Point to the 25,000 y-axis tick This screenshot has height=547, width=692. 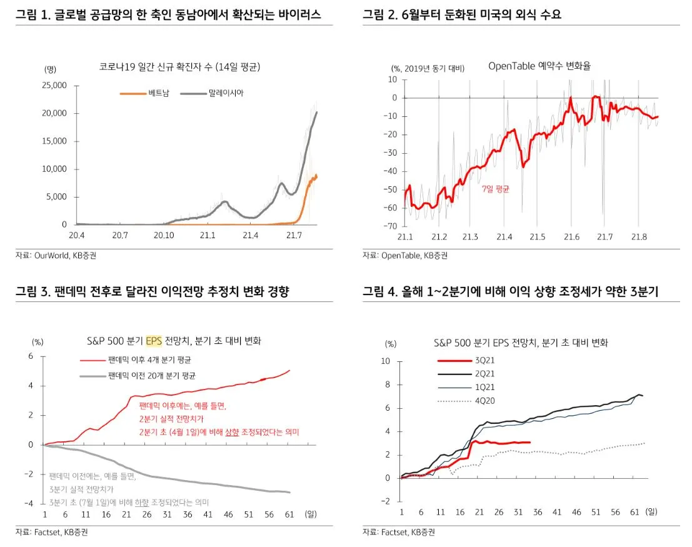(54, 85)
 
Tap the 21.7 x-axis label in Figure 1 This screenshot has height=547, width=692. (293, 236)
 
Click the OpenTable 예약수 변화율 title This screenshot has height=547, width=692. (539, 66)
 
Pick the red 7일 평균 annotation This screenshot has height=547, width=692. (495, 189)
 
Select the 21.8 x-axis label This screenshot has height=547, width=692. (638, 236)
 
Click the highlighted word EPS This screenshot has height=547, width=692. (154, 341)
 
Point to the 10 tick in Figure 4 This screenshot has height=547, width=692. (386, 361)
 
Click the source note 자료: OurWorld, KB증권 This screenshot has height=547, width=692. (56, 255)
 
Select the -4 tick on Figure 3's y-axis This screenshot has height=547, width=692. (29, 503)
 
